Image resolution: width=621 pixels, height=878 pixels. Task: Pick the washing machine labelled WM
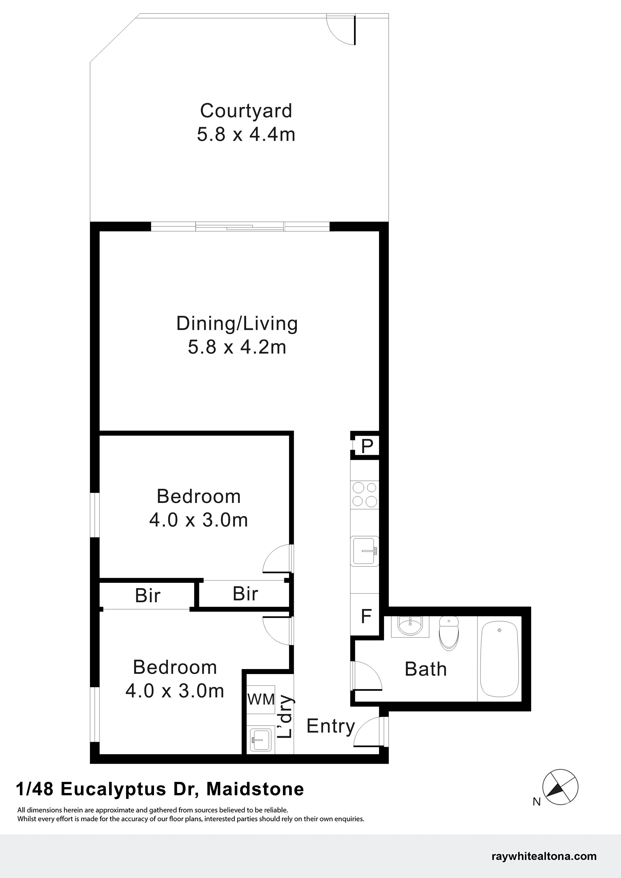click(x=261, y=699)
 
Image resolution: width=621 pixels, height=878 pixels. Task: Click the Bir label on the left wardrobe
click(x=148, y=596)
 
